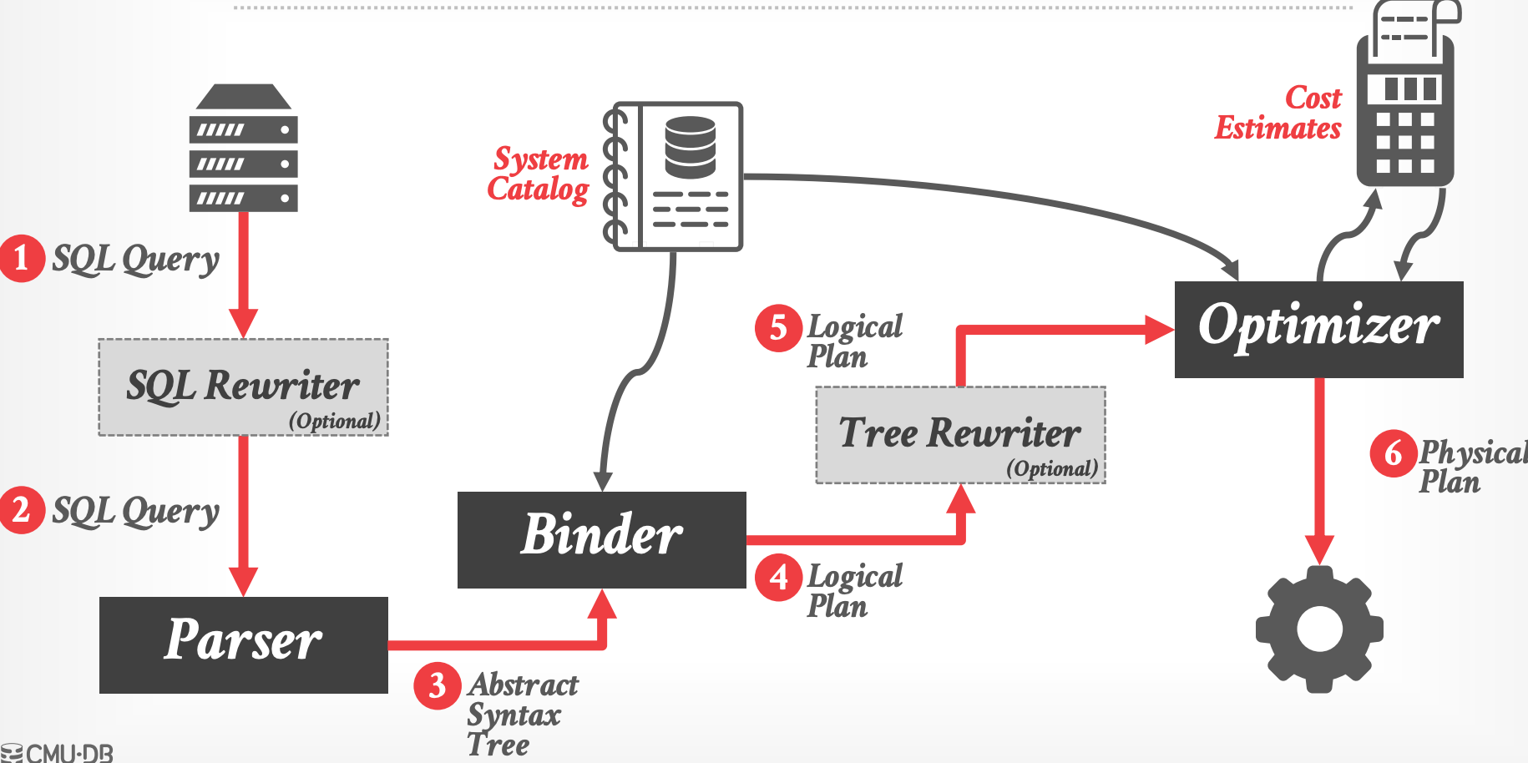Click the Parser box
(x=243, y=644)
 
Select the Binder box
(x=601, y=539)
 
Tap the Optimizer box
(x=1318, y=329)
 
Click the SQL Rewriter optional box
(x=243, y=387)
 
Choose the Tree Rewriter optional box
(x=960, y=435)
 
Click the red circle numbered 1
(x=22, y=259)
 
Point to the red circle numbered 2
(x=22, y=510)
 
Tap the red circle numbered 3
(x=438, y=686)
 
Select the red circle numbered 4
(x=778, y=577)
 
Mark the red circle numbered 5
(x=778, y=328)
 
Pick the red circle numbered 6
(x=1393, y=454)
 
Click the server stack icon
(x=243, y=148)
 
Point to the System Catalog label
(x=539, y=174)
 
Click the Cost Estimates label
(x=1278, y=113)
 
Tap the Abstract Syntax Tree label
(x=521, y=715)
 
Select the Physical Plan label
(x=1472, y=467)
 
